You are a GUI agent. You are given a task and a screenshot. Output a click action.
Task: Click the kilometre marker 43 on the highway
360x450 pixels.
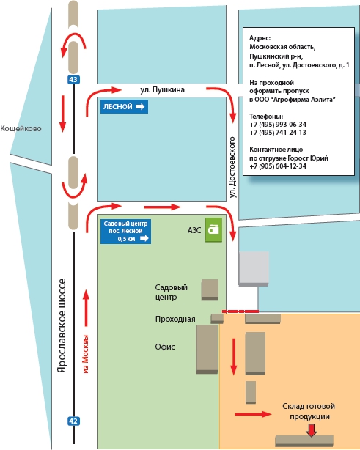(73, 79)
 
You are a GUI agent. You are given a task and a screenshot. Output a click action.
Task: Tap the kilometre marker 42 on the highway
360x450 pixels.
(73, 421)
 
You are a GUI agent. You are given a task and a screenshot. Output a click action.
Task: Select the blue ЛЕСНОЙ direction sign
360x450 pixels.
(124, 106)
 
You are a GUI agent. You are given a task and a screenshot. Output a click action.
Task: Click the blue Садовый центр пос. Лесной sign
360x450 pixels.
(125, 232)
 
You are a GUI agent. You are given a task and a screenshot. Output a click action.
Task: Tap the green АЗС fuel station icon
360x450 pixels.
(213, 229)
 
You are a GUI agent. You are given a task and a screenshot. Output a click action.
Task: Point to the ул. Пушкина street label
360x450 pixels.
(162, 90)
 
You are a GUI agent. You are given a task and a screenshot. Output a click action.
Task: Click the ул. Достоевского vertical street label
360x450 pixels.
(232, 167)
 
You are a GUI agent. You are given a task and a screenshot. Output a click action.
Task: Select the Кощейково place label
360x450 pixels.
(21, 128)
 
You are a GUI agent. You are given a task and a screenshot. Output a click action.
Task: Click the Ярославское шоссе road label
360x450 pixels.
(62, 325)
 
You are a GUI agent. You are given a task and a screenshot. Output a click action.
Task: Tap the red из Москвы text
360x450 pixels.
(86, 354)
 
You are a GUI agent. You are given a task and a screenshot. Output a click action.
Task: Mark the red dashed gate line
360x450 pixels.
(240, 311)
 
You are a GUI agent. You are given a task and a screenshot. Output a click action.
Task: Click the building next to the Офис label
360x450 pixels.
(207, 350)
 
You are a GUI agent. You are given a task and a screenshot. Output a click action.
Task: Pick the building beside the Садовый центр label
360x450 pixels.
(210, 289)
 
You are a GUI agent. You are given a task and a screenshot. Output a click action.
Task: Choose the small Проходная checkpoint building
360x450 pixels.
(217, 318)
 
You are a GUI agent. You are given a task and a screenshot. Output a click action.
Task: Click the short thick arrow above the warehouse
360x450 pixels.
(311, 430)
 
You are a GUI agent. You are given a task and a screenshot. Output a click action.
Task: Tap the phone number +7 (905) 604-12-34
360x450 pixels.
(278, 166)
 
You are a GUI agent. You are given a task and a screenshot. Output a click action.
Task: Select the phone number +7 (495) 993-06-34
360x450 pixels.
(278, 125)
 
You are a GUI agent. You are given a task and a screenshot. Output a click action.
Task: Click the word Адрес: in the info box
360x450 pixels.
(260, 38)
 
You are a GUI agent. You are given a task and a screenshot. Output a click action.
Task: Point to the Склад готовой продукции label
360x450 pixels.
(309, 411)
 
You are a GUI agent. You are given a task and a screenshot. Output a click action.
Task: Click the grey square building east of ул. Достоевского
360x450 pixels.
(254, 269)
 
